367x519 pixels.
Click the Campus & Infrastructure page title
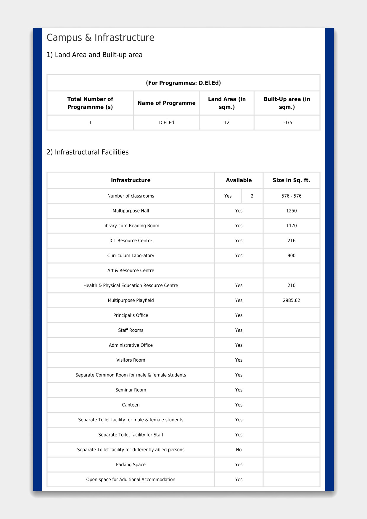[x=100, y=38]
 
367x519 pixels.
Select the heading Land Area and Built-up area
[x=94, y=55]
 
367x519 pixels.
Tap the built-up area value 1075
[x=287, y=123]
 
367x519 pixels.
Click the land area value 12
[x=227, y=123]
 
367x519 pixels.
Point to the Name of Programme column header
[x=166, y=103]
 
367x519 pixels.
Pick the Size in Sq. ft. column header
[x=291, y=180]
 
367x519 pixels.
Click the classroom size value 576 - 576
[x=291, y=196]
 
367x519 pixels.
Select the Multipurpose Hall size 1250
[x=291, y=211]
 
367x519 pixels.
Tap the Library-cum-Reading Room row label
[x=131, y=226]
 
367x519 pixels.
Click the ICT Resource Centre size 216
[x=291, y=241]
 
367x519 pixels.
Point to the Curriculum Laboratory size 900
[x=291, y=256]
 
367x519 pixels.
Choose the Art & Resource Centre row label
[x=131, y=270]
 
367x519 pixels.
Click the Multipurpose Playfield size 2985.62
[x=291, y=300]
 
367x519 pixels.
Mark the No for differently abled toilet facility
[x=239, y=450]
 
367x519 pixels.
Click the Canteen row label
[x=131, y=405]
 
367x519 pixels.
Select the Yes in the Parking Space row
[x=239, y=465]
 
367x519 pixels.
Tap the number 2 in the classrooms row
[x=252, y=196]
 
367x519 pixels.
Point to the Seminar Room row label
[x=131, y=390]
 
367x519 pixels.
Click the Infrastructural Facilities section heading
[x=88, y=152]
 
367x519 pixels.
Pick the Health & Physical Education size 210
[x=291, y=286]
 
